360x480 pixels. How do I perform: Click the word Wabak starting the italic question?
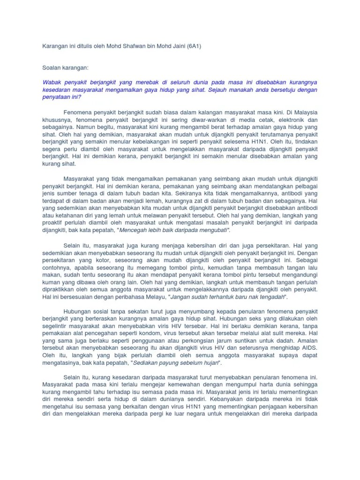pos(52,82)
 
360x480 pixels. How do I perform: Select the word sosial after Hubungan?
pos(100,312)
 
